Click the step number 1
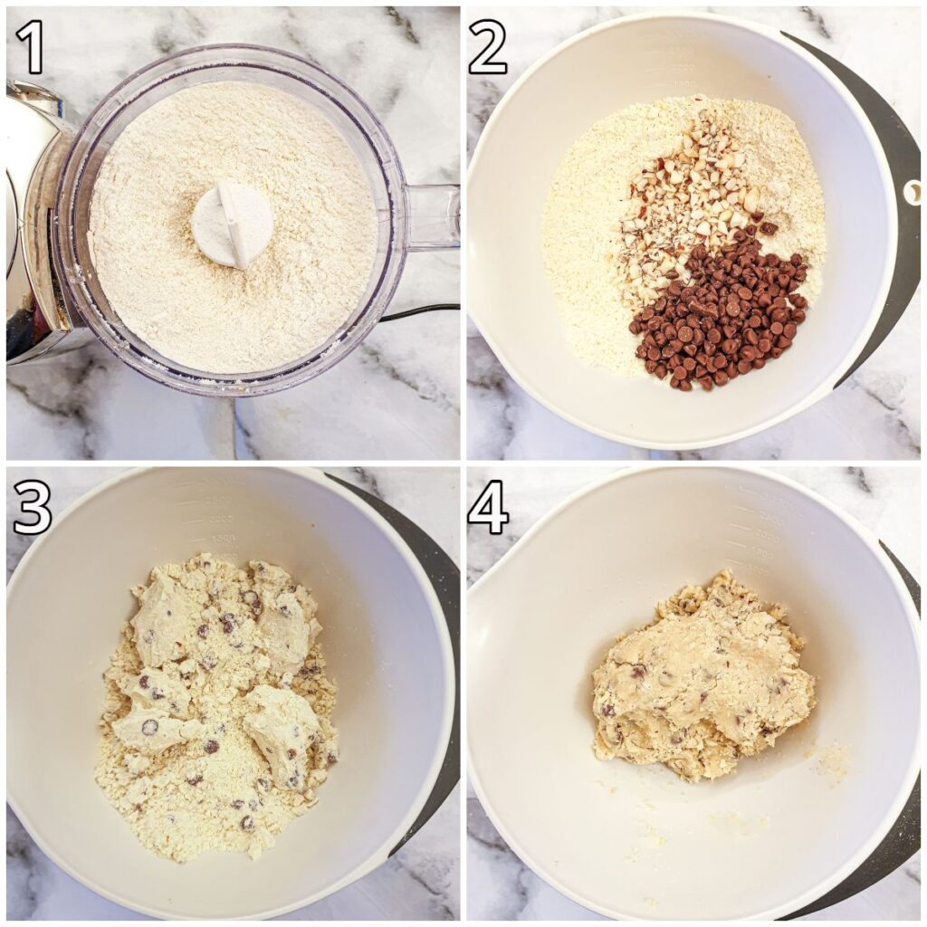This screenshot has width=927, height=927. pos(30,47)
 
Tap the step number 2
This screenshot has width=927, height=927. pos(488,47)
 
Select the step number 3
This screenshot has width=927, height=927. pos(33,508)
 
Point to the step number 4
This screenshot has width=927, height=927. pos(488,508)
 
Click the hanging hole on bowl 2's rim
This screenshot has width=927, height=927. pos(913,193)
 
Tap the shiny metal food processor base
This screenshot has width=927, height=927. pos(35,225)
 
